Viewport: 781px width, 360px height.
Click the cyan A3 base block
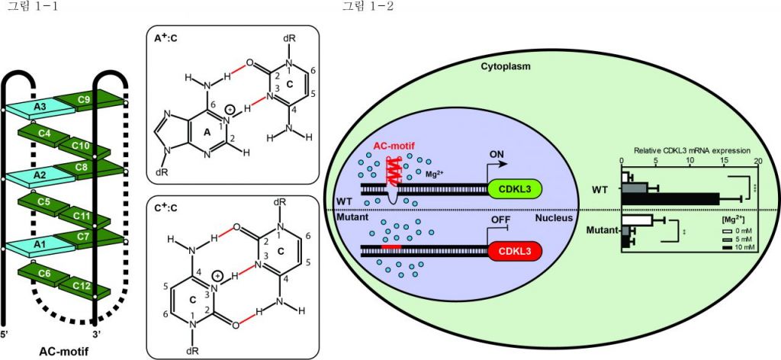[40, 108]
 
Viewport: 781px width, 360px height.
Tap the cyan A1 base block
[40, 247]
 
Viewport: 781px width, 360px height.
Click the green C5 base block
[44, 203]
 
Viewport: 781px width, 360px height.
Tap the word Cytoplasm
[505, 66]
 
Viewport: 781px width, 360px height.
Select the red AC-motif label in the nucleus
[394, 146]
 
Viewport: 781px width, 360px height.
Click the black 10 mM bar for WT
[671, 198]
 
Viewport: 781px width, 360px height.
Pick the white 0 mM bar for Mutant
[638, 220]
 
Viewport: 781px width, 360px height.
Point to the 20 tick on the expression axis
[757, 162]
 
